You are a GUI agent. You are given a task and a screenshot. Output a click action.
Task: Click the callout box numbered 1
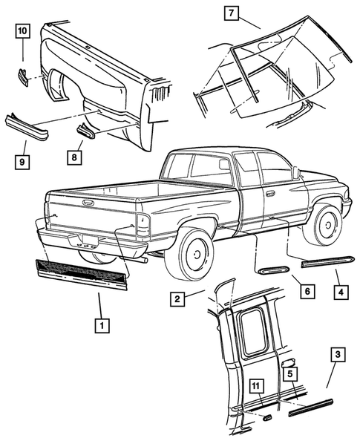point(99,324)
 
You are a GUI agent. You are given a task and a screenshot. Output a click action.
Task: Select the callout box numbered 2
point(177,299)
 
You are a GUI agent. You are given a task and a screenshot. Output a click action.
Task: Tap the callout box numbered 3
point(337,357)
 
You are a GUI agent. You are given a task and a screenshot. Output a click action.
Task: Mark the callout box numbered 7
point(232,14)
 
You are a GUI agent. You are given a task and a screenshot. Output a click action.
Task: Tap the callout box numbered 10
point(22,31)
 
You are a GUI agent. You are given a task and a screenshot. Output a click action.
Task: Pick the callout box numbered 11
point(255,385)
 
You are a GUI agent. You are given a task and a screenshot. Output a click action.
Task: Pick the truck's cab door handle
point(271,193)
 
